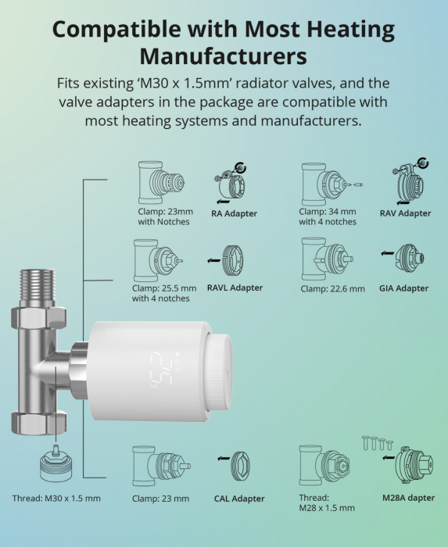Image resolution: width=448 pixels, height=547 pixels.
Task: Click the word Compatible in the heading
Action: pos(116,30)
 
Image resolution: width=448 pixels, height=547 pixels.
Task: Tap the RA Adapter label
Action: pos(234,213)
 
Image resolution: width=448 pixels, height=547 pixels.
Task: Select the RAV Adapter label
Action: pos(406,213)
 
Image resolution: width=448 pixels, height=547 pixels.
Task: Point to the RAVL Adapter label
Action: pos(235,288)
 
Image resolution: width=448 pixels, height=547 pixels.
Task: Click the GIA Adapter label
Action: pos(403,288)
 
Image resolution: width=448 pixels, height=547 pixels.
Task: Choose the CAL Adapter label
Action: pos(239,499)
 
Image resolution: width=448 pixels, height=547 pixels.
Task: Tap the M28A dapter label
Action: pos(409,498)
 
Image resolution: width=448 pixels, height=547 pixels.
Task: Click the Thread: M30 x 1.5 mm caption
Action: pos(56,499)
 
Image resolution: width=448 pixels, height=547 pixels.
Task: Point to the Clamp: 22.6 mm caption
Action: pos(332,289)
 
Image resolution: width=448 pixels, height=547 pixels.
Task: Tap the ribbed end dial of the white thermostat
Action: pos(219,372)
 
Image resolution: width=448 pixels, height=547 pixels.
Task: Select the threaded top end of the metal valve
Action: pos(38,285)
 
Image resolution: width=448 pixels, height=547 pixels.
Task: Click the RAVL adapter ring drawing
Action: pos(233,260)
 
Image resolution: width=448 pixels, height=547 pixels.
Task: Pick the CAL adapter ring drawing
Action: pos(240,466)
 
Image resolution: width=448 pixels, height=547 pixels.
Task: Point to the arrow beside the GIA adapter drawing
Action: pos(387,253)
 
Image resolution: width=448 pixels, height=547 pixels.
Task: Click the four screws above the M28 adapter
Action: pos(378,443)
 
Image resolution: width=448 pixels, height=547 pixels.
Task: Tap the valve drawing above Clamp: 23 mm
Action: pos(161,466)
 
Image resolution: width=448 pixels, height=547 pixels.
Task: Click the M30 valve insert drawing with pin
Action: pos(56,464)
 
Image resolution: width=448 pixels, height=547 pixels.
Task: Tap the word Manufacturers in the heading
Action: pos(224,56)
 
